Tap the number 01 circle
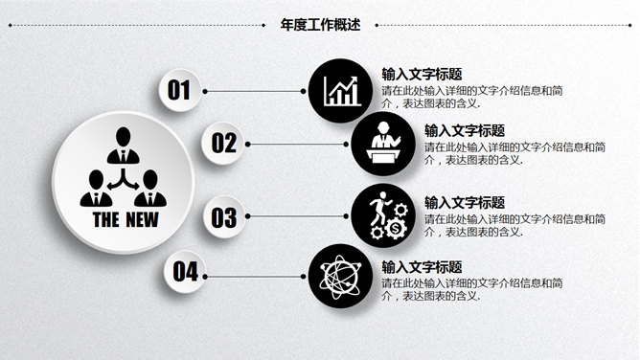180,90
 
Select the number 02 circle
224,144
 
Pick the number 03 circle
224,217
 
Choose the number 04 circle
185,271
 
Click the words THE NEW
126,218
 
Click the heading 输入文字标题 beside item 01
422,74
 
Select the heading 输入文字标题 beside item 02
465,129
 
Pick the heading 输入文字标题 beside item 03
465,202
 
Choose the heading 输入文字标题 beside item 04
422,266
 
